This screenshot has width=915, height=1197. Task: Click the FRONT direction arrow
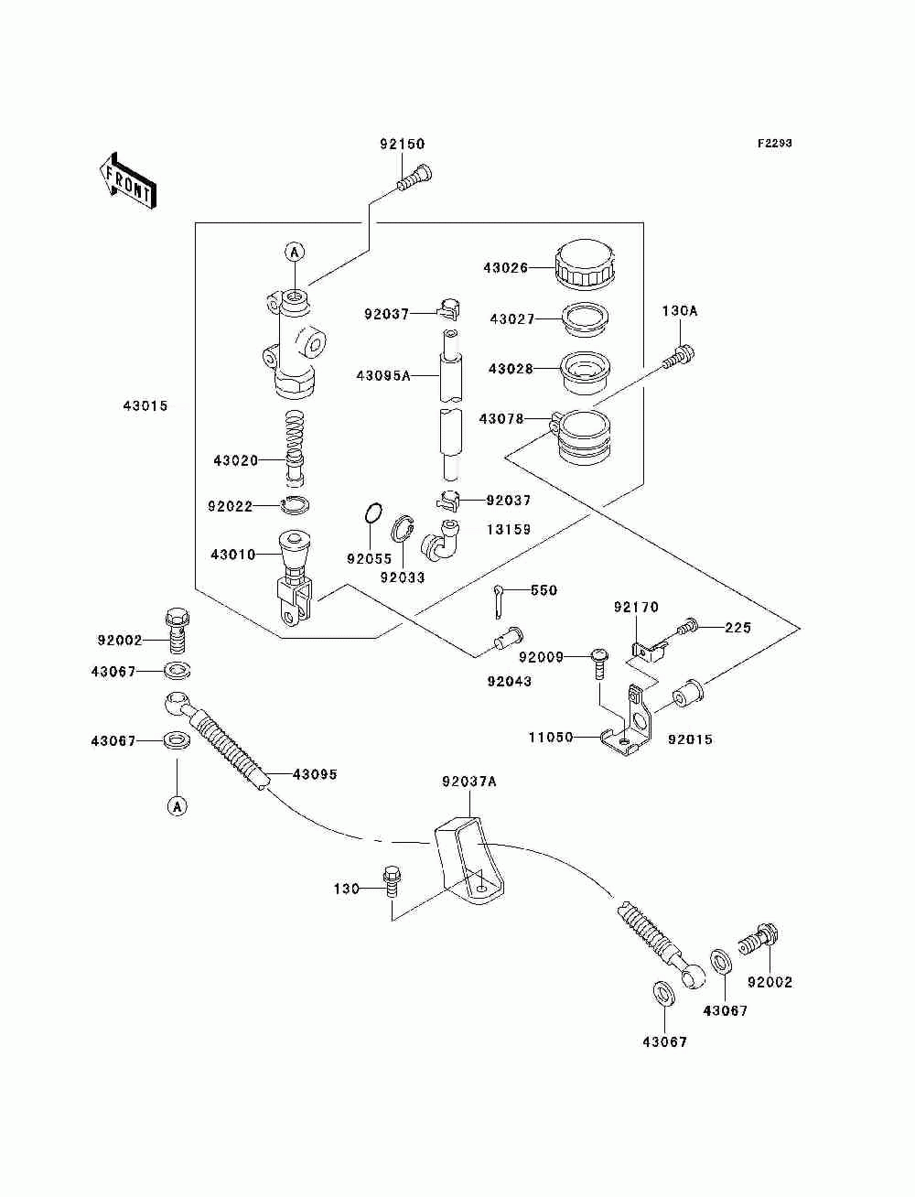[x=127, y=180]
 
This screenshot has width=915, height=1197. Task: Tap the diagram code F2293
[x=774, y=144]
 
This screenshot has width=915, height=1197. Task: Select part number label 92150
[x=402, y=145]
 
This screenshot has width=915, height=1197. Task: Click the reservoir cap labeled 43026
[x=585, y=265]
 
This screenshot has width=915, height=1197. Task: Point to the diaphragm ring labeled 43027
[x=585, y=319]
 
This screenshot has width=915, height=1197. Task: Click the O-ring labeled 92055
[x=373, y=513]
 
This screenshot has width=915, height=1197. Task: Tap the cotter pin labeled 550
[x=499, y=602]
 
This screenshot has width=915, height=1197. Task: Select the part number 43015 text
[x=145, y=405]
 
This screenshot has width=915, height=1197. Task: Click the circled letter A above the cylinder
[x=295, y=253]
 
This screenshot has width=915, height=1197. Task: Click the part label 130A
[x=680, y=311]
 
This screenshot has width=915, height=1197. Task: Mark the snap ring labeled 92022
[x=296, y=505]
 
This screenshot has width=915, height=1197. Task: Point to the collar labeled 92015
[x=688, y=693]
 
